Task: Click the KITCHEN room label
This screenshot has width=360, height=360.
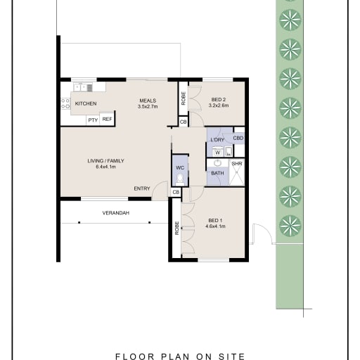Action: click(x=86, y=103)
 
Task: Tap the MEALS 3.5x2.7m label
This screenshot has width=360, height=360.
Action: click(x=148, y=103)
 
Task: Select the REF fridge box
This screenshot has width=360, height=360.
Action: click(x=107, y=120)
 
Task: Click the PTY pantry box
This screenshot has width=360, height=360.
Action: click(x=93, y=120)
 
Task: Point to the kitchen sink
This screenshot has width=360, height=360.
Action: click(x=83, y=88)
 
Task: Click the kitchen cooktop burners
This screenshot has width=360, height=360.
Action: click(x=65, y=103)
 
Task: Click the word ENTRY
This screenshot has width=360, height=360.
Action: click(x=142, y=188)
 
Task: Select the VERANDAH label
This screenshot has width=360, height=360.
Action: click(x=116, y=213)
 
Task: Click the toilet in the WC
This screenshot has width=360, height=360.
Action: click(x=179, y=179)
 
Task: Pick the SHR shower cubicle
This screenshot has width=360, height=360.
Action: click(x=237, y=172)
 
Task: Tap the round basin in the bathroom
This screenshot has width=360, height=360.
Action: click(x=218, y=162)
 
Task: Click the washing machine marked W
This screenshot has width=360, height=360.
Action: click(x=218, y=153)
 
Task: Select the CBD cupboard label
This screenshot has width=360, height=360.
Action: click(x=238, y=138)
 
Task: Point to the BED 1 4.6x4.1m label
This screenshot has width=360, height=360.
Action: click(x=215, y=224)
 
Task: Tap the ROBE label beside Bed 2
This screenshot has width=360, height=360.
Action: click(x=184, y=98)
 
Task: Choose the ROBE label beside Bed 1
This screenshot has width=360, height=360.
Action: click(x=177, y=229)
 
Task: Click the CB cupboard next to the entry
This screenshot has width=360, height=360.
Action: click(x=176, y=193)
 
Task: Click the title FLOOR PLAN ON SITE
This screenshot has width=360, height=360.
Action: click(x=180, y=356)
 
